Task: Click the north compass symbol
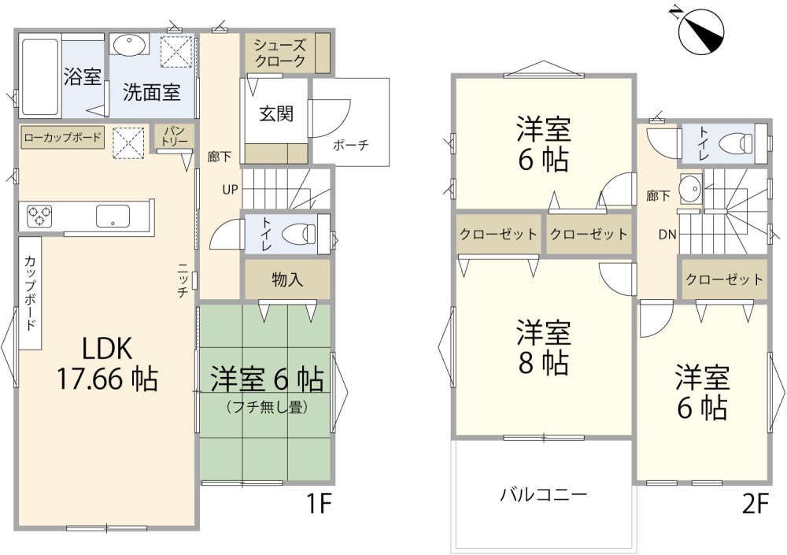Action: pyautogui.click(x=700, y=31)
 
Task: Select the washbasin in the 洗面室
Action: pyautogui.click(x=127, y=45)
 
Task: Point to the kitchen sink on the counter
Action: pyautogui.click(x=115, y=215)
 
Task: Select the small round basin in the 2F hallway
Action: pyautogui.click(x=691, y=188)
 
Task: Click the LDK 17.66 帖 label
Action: pyautogui.click(x=106, y=364)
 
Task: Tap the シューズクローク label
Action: pyautogui.click(x=279, y=52)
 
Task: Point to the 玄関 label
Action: pyautogui.click(x=275, y=113)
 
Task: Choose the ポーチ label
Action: pyautogui.click(x=350, y=146)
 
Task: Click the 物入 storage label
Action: pyautogui.click(x=286, y=279)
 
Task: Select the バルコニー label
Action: pyautogui.click(x=543, y=495)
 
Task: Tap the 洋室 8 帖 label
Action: pyautogui.click(x=543, y=347)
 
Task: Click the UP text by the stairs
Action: pyautogui.click(x=230, y=190)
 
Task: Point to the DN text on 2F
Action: pyautogui.click(x=668, y=234)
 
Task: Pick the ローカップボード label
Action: pyautogui.click(x=62, y=138)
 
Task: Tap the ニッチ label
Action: pyautogui.click(x=182, y=280)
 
